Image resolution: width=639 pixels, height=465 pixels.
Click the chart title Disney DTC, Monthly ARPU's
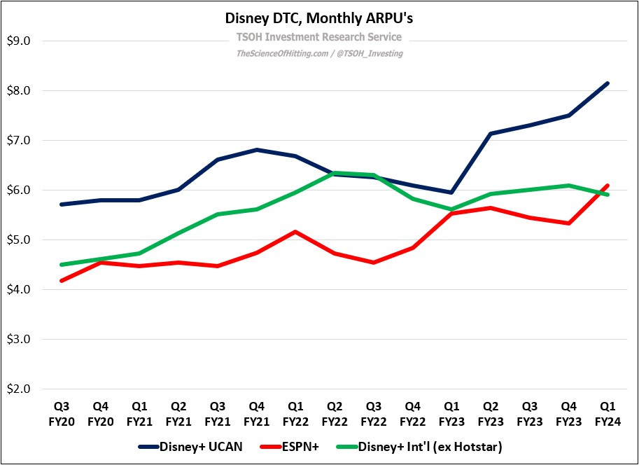pyautogui.click(x=319, y=19)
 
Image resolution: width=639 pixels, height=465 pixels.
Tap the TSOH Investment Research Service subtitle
pyautogui.click(x=319, y=37)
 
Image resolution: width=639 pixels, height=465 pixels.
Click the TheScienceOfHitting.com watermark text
pyautogui.click(x=319, y=53)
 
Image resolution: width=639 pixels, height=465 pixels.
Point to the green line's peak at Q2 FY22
pyautogui.click(x=336, y=172)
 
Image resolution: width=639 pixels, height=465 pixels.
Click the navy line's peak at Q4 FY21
pyautogui.click(x=258, y=149)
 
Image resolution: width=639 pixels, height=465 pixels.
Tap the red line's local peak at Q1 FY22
pyautogui.click(x=297, y=231)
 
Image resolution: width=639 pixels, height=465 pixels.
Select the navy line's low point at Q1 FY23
pyautogui.click(x=452, y=193)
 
